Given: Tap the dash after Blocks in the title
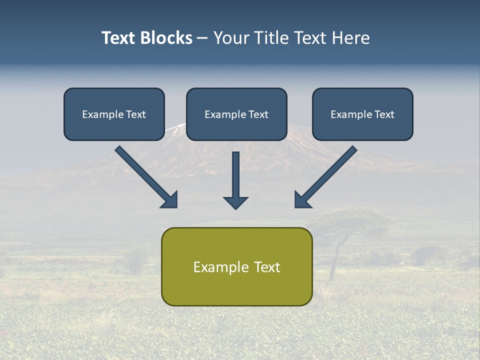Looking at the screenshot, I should [202, 38].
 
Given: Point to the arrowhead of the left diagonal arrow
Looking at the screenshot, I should [170, 200].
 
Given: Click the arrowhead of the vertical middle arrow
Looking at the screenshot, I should [235, 202].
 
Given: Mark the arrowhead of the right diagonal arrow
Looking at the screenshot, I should [302, 200].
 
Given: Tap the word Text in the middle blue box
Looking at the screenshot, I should [258, 114].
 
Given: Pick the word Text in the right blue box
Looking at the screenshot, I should [384, 114].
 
